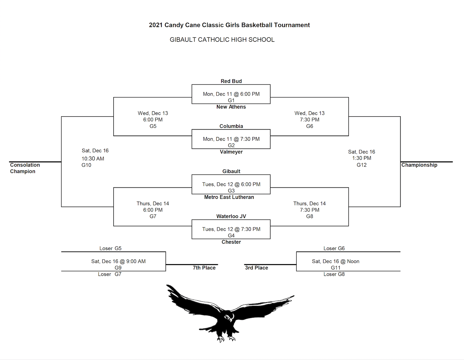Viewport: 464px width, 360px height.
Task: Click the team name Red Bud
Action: (x=231, y=81)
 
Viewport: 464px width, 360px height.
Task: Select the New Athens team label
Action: (x=231, y=107)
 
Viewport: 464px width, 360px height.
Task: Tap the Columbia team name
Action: (x=231, y=126)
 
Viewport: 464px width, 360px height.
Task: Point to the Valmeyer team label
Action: (x=231, y=152)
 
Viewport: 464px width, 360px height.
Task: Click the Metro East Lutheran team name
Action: (x=229, y=197)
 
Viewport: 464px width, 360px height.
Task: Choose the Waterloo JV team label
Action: (x=231, y=216)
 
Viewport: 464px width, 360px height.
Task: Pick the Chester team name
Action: (x=231, y=242)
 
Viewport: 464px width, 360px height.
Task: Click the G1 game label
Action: (x=231, y=100)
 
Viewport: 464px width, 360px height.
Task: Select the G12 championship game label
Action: (x=362, y=165)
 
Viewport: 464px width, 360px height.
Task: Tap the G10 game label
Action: (x=86, y=165)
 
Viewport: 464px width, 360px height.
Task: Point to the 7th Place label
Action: (x=204, y=268)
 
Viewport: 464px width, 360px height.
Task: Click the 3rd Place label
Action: (x=256, y=268)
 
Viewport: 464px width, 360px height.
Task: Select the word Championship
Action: (x=419, y=165)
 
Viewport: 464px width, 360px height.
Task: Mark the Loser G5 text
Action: (x=110, y=248)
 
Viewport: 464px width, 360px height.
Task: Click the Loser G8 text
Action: (x=334, y=274)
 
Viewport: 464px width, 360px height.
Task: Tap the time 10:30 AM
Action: (x=93, y=159)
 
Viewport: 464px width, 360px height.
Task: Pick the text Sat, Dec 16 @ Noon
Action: (x=335, y=261)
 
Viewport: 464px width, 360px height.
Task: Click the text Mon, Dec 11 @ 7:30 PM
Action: (x=231, y=139)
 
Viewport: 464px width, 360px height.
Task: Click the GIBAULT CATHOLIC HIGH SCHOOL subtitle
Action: (x=222, y=40)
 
